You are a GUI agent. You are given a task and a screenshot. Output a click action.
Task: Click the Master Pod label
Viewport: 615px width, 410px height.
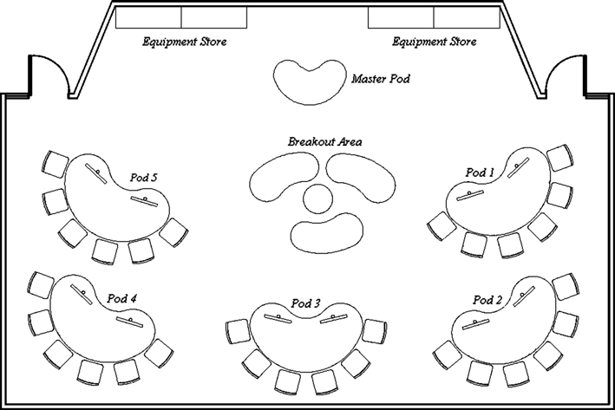tap(381, 79)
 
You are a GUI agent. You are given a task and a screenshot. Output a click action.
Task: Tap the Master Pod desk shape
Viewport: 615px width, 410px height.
tap(309, 82)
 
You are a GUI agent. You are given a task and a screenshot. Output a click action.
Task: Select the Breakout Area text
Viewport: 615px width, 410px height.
tap(324, 141)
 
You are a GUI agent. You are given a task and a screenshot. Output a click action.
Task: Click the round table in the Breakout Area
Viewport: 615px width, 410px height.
tap(317, 198)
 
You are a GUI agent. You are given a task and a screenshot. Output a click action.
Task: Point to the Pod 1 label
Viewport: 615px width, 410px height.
tap(480, 172)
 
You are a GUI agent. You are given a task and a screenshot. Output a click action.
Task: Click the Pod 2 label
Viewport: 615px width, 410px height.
tap(487, 300)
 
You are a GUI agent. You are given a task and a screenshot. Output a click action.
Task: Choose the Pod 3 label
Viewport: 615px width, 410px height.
tap(305, 303)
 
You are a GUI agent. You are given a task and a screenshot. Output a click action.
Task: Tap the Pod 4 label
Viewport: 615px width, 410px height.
tap(122, 299)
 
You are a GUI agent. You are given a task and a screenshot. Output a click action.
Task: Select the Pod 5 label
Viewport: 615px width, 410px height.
tap(143, 178)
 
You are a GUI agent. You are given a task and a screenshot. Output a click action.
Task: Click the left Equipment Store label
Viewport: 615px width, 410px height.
tap(185, 42)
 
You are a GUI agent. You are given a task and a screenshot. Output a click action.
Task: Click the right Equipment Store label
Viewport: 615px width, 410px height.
tap(435, 42)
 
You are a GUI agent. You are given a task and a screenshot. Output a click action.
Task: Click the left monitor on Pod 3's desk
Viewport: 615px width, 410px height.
tap(278, 318)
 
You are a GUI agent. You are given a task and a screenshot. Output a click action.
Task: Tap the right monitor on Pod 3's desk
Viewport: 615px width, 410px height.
tap(334, 319)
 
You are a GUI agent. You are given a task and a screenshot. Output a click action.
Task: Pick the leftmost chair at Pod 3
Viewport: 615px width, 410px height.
tap(238, 332)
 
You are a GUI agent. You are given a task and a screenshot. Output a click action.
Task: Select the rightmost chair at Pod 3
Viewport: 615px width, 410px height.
tap(375, 332)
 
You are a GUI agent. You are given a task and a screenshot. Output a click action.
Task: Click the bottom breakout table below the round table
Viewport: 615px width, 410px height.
tap(327, 233)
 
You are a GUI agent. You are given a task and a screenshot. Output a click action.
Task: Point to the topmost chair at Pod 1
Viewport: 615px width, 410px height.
tap(559, 158)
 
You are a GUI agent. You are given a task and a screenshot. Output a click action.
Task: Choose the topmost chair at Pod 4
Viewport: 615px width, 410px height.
tap(41, 285)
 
